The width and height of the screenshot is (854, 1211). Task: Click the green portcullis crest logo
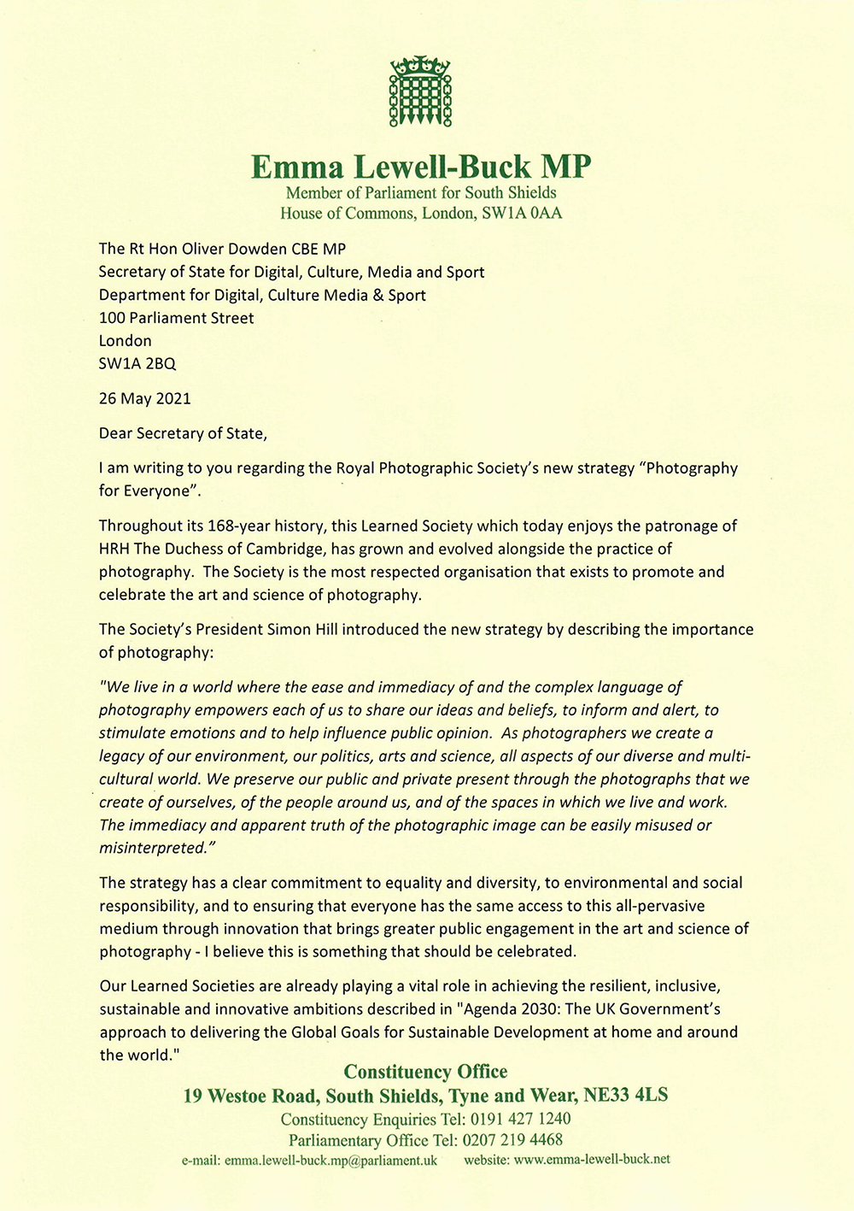pos(420,92)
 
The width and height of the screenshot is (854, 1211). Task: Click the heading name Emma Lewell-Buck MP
pos(420,166)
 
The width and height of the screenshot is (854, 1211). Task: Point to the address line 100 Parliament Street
pos(176,318)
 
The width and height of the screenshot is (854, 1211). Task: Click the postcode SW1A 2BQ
pos(137,363)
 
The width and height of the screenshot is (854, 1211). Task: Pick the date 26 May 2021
pos(144,398)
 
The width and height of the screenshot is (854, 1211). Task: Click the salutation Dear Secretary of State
pos(182,433)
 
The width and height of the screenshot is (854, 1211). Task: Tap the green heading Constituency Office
pos(425,1072)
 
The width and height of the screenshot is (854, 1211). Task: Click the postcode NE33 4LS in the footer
pos(625,1096)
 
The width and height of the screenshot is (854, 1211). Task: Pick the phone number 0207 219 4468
pos(512,1140)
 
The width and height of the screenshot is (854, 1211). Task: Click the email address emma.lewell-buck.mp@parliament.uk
pos(330,1161)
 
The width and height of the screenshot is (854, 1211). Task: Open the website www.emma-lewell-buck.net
pos(592,1160)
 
